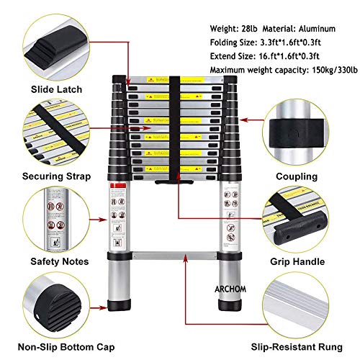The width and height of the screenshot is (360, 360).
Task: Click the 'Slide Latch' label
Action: [46, 89]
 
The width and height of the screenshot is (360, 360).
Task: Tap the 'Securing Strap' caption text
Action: [46, 176]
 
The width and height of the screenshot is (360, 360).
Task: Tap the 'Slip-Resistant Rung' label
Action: [301, 348]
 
